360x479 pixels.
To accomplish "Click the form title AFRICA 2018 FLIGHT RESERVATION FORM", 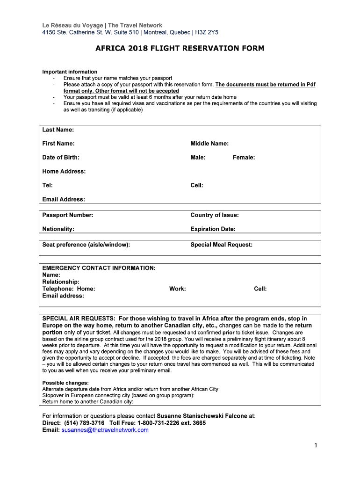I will [180, 48].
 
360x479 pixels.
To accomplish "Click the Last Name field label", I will [58, 130].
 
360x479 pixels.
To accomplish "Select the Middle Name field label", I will [209, 144].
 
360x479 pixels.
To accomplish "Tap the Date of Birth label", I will [61, 157].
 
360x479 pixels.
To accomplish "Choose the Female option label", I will [244, 157].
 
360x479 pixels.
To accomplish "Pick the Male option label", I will [198, 157].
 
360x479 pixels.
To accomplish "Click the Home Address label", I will [64, 171].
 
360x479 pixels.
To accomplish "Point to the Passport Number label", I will [68, 215].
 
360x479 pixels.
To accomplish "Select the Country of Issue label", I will [215, 215].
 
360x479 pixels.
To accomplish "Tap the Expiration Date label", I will [213, 229].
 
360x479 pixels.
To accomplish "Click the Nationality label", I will [58, 229].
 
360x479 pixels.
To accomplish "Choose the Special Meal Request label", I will [221, 245].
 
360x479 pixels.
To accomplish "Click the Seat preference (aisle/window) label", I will [86, 245].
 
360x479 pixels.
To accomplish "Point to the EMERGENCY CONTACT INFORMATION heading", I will [99, 268].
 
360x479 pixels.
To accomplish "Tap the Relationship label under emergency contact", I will [61, 282].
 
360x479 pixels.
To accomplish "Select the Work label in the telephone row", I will [178, 289].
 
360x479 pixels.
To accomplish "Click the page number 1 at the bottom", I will [316, 445].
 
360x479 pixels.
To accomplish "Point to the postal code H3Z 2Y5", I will [207, 32].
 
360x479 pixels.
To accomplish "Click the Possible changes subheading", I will [65, 383].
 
